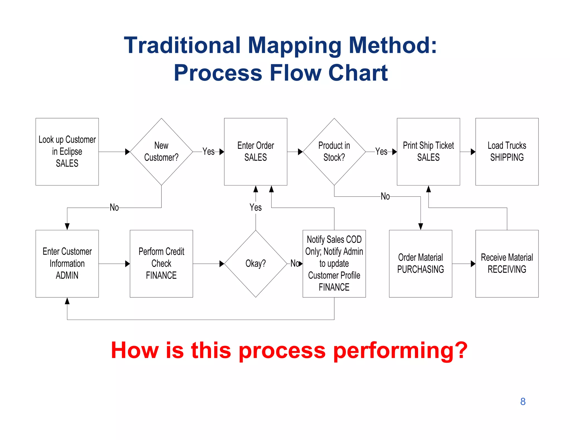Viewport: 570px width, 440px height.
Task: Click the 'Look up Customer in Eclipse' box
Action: (67, 152)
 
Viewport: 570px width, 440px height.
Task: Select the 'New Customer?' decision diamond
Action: (161, 152)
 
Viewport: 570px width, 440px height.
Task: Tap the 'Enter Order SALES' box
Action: (255, 152)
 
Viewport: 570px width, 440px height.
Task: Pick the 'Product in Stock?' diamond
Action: (334, 152)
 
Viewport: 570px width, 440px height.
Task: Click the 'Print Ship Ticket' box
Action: (428, 152)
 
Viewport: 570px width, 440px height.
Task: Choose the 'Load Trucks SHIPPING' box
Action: (507, 152)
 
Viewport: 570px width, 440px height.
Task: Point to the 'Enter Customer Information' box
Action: (67, 263)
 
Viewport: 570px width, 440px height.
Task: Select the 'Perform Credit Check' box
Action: (161, 263)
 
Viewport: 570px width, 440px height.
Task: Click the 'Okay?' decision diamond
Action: (255, 263)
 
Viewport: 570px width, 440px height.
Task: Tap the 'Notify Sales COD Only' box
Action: (334, 263)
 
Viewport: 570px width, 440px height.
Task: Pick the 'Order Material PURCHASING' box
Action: (421, 263)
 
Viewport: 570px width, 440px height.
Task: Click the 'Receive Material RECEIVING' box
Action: (507, 263)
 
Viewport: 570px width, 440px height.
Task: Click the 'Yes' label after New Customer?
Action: (208, 152)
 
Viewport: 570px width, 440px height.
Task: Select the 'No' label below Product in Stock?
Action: (385, 196)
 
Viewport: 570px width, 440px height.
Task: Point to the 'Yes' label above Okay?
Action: (255, 207)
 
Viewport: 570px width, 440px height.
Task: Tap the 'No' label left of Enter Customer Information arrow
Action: (114, 207)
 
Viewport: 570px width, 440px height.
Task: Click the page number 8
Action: (523, 402)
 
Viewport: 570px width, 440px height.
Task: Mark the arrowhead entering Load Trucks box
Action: (473, 152)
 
